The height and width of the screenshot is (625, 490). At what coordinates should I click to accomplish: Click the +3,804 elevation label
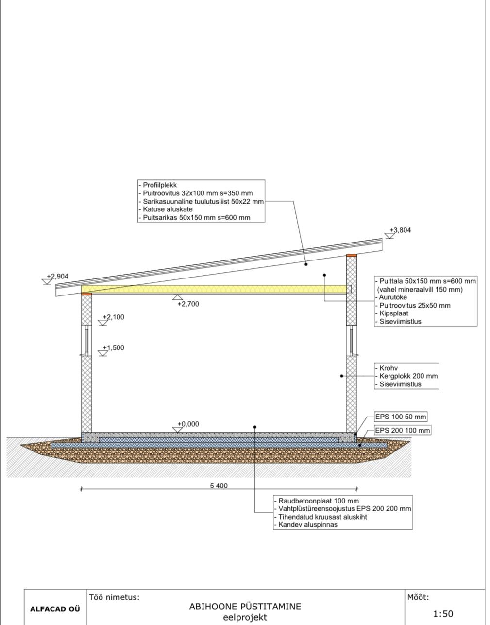400,230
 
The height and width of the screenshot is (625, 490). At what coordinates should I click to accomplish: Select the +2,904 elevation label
57,277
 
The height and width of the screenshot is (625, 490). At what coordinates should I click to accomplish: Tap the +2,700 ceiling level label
188,304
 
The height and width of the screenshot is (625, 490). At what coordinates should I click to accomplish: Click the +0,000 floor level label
188,424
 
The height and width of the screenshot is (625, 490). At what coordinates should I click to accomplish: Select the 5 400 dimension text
219,486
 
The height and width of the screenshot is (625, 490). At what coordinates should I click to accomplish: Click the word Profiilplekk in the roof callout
160,185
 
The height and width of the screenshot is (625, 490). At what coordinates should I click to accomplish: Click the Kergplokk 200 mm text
408,376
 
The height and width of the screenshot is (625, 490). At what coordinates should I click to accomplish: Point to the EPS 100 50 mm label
401,417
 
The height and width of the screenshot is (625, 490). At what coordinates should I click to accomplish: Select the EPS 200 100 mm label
403,431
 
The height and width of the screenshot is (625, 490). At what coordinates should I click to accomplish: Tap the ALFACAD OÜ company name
55,609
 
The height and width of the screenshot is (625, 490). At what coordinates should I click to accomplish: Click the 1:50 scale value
443,614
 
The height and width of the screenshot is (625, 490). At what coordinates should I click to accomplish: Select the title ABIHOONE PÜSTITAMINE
245,607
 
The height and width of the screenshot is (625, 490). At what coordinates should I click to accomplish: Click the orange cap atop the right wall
351,255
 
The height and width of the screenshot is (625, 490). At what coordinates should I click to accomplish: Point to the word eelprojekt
245,617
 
